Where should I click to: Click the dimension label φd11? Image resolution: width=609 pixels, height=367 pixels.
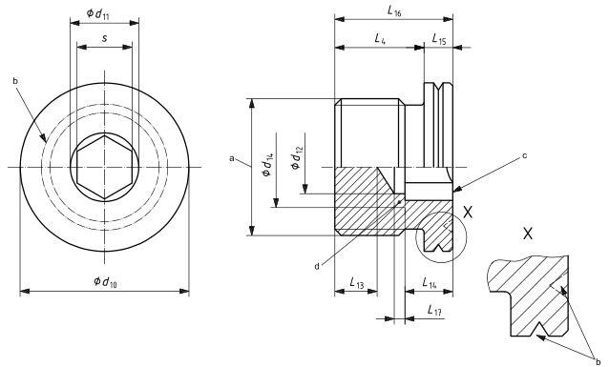click(x=97, y=14)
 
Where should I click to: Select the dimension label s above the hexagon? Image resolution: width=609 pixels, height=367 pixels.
click(x=104, y=38)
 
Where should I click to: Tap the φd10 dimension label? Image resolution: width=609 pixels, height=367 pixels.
click(x=105, y=281)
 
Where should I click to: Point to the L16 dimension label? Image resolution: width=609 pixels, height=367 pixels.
click(x=394, y=11)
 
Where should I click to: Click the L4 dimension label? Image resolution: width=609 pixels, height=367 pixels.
click(x=380, y=38)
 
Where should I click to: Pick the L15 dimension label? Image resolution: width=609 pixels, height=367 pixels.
click(x=439, y=39)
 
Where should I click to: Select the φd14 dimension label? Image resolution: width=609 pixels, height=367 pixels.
click(x=268, y=165)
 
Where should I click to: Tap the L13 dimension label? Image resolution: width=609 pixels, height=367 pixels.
click(x=357, y=282)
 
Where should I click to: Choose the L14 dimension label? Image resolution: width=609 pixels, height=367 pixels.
click(x=430, y=282)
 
